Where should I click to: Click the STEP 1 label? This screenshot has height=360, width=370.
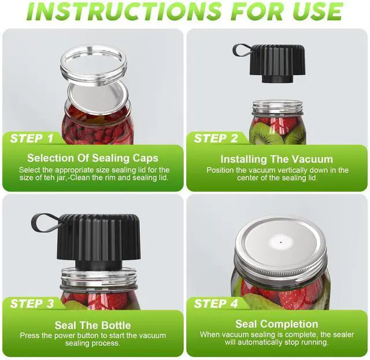(32, 138)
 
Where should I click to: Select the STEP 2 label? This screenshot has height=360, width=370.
(216, 138)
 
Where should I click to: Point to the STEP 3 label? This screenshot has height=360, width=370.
(32, 303)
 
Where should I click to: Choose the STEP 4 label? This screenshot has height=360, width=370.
(216, 303)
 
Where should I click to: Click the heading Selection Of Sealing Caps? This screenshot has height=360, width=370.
(92, 158)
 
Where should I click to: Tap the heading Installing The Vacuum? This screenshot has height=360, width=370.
(276, 159)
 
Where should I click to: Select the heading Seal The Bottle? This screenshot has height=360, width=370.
(92, 325)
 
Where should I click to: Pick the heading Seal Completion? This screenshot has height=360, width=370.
(276, 324)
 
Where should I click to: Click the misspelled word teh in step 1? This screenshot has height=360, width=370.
(49, 177)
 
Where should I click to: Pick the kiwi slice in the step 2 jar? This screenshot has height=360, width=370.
(265, 134)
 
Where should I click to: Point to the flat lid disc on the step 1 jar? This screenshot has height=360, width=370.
(98, 97)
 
